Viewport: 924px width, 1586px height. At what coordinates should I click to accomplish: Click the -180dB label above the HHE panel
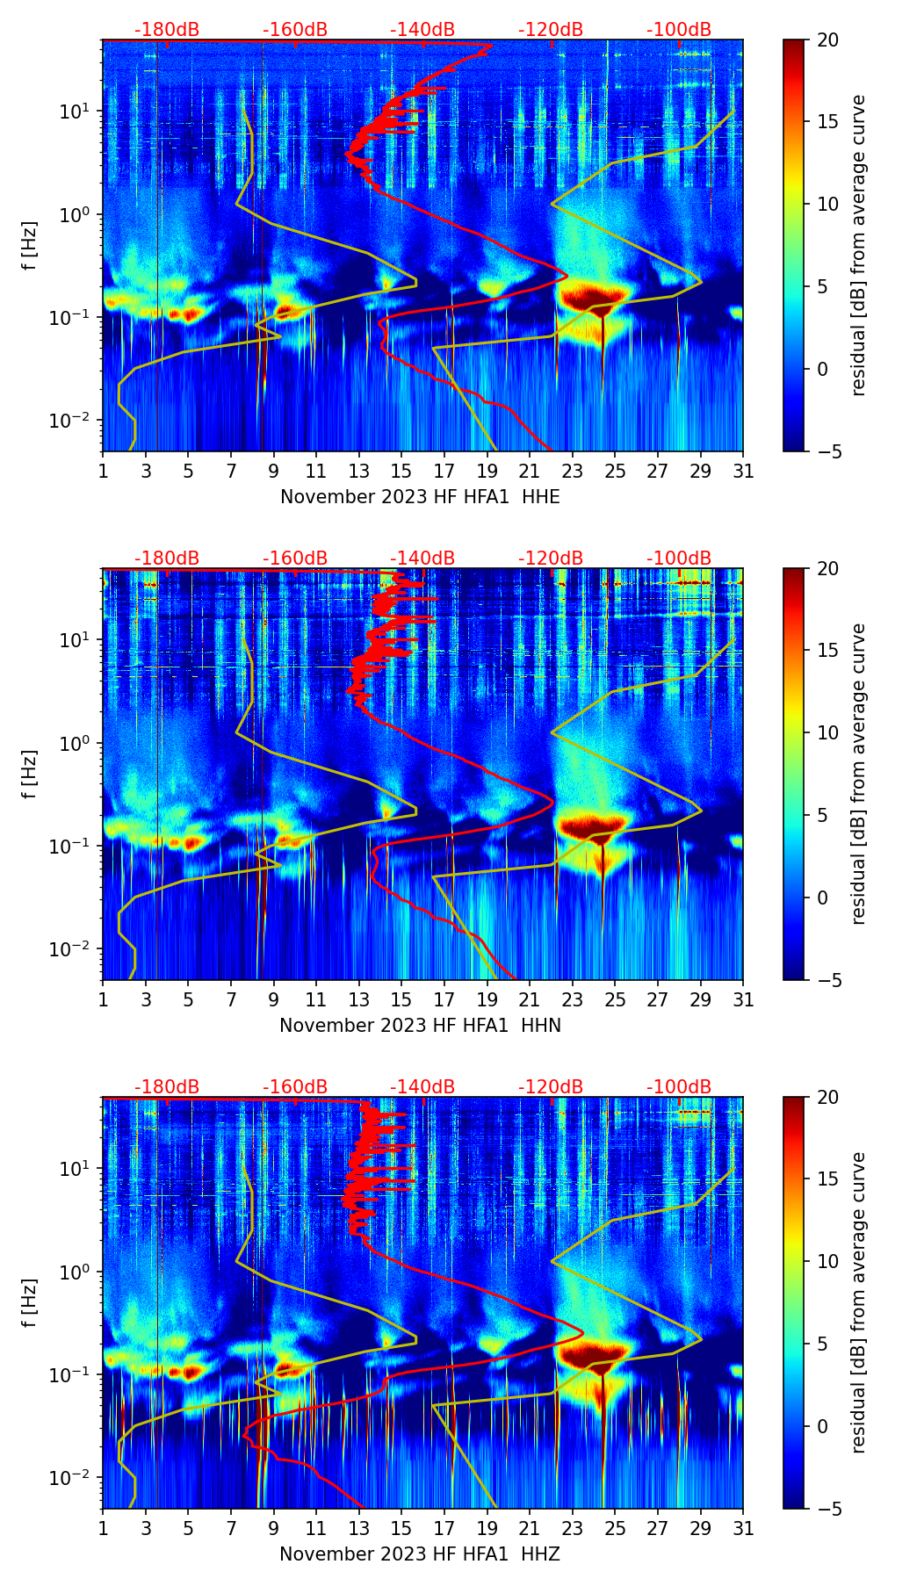point(167,30)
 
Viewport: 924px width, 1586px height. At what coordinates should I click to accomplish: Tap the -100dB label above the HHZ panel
point(679,1087)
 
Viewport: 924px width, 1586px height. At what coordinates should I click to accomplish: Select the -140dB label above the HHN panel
point(422,559)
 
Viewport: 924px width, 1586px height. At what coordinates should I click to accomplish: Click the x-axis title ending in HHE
point(420,497)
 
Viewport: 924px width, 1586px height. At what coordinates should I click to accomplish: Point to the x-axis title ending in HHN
point(420,1026)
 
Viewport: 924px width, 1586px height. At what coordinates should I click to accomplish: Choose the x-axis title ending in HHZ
point(420,1554)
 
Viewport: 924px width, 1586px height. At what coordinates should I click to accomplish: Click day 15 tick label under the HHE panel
point(401,472)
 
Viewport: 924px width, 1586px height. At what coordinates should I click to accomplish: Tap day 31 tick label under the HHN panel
point(742,1000)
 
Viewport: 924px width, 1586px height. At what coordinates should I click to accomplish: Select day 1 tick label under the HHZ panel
point(104,1529)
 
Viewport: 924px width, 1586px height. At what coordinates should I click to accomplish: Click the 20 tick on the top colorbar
point(827,40)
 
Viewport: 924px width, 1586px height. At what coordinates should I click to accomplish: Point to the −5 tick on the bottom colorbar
point(827,1509)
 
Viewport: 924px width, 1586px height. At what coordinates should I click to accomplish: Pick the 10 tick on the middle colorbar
point(827,732)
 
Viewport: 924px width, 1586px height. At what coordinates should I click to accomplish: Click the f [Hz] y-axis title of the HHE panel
point(30,245)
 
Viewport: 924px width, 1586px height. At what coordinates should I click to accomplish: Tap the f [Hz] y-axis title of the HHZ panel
point(30,1302)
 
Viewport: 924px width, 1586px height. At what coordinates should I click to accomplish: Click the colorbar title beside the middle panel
point(858,774)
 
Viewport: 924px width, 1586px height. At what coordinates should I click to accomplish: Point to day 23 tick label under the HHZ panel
point(572,1529)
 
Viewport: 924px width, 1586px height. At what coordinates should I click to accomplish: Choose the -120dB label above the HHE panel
point(551,30)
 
